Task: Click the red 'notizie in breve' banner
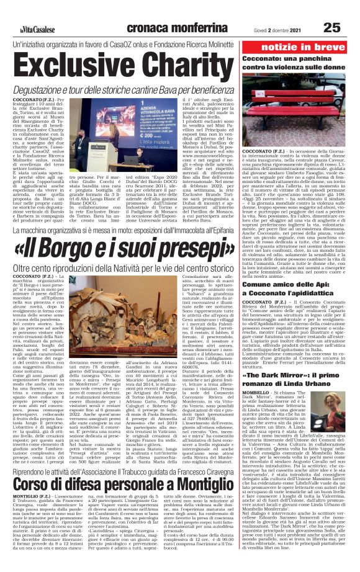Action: pos(300,47)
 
